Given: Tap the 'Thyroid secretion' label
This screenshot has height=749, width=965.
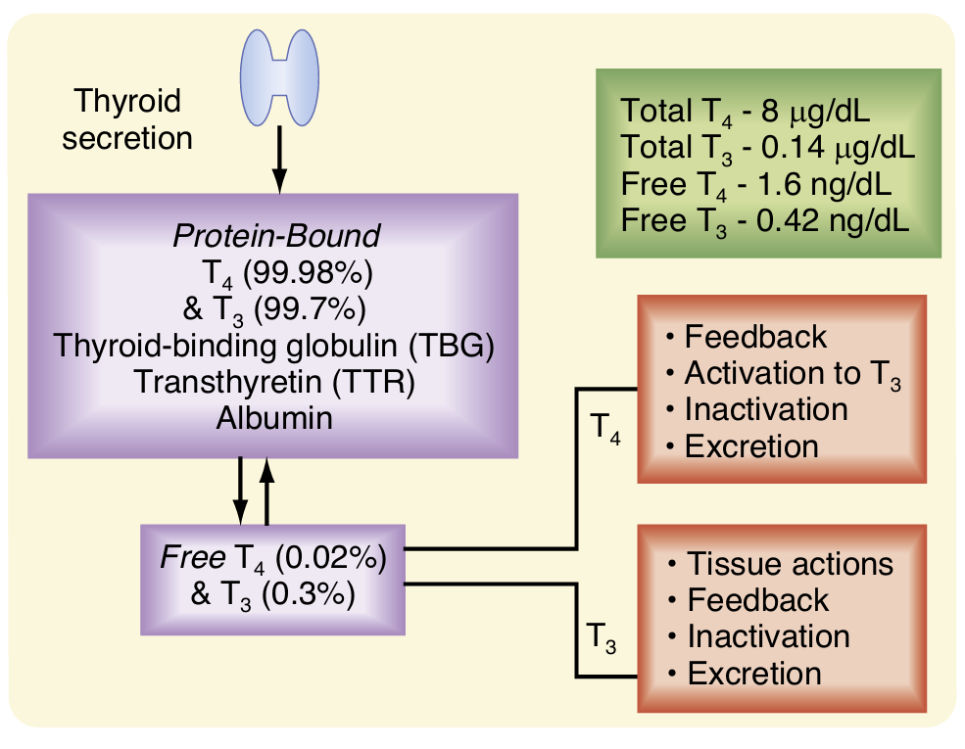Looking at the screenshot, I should pyautogui.click(x=127, y=119).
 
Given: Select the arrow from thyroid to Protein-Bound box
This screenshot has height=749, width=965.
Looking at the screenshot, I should pyautogui.click(x=280, y=158).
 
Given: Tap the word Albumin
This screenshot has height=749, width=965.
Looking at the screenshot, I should pyautogui.click(x=275, y=418).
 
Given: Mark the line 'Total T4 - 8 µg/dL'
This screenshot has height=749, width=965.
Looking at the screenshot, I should pyautogui.click(x=747, y=109).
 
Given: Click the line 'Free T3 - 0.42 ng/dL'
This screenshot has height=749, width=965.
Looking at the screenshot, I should pyautogui.click(x=765, y=219).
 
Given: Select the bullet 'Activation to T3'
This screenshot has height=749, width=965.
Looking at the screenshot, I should pyautogui.click(x=781, y=374).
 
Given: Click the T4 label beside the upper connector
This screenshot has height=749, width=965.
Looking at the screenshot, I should pyautogui.click(x=607, y=429).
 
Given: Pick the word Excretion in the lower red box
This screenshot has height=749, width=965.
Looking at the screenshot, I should pyautogui.click(x=754, y=675).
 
